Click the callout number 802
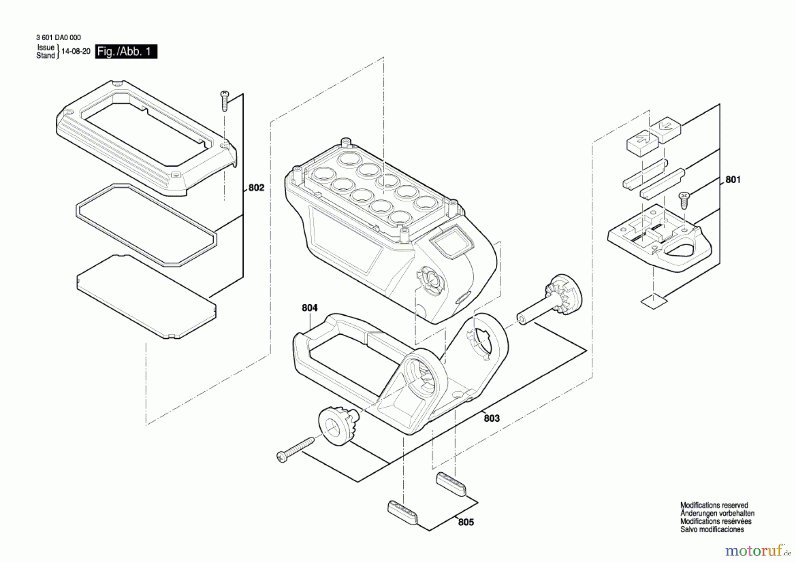(x=256, y=188)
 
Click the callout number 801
(x=733, y=180)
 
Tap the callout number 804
(x=310, y=308)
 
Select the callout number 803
(x=491, y=418)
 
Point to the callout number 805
(x=466, y=522)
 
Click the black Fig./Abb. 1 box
(x=126, y=52)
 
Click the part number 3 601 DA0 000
(x=58, y=38)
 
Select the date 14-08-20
(x=76, y=51)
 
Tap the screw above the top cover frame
(x=225, y=101)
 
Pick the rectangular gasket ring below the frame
(x=146, y=225)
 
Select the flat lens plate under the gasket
(x=146, y=296)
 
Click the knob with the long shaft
(x=551, y=301)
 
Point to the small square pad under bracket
(x=654, y=302)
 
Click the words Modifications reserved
(x=714, y=505)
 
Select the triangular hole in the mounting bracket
(x=680, y=249)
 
